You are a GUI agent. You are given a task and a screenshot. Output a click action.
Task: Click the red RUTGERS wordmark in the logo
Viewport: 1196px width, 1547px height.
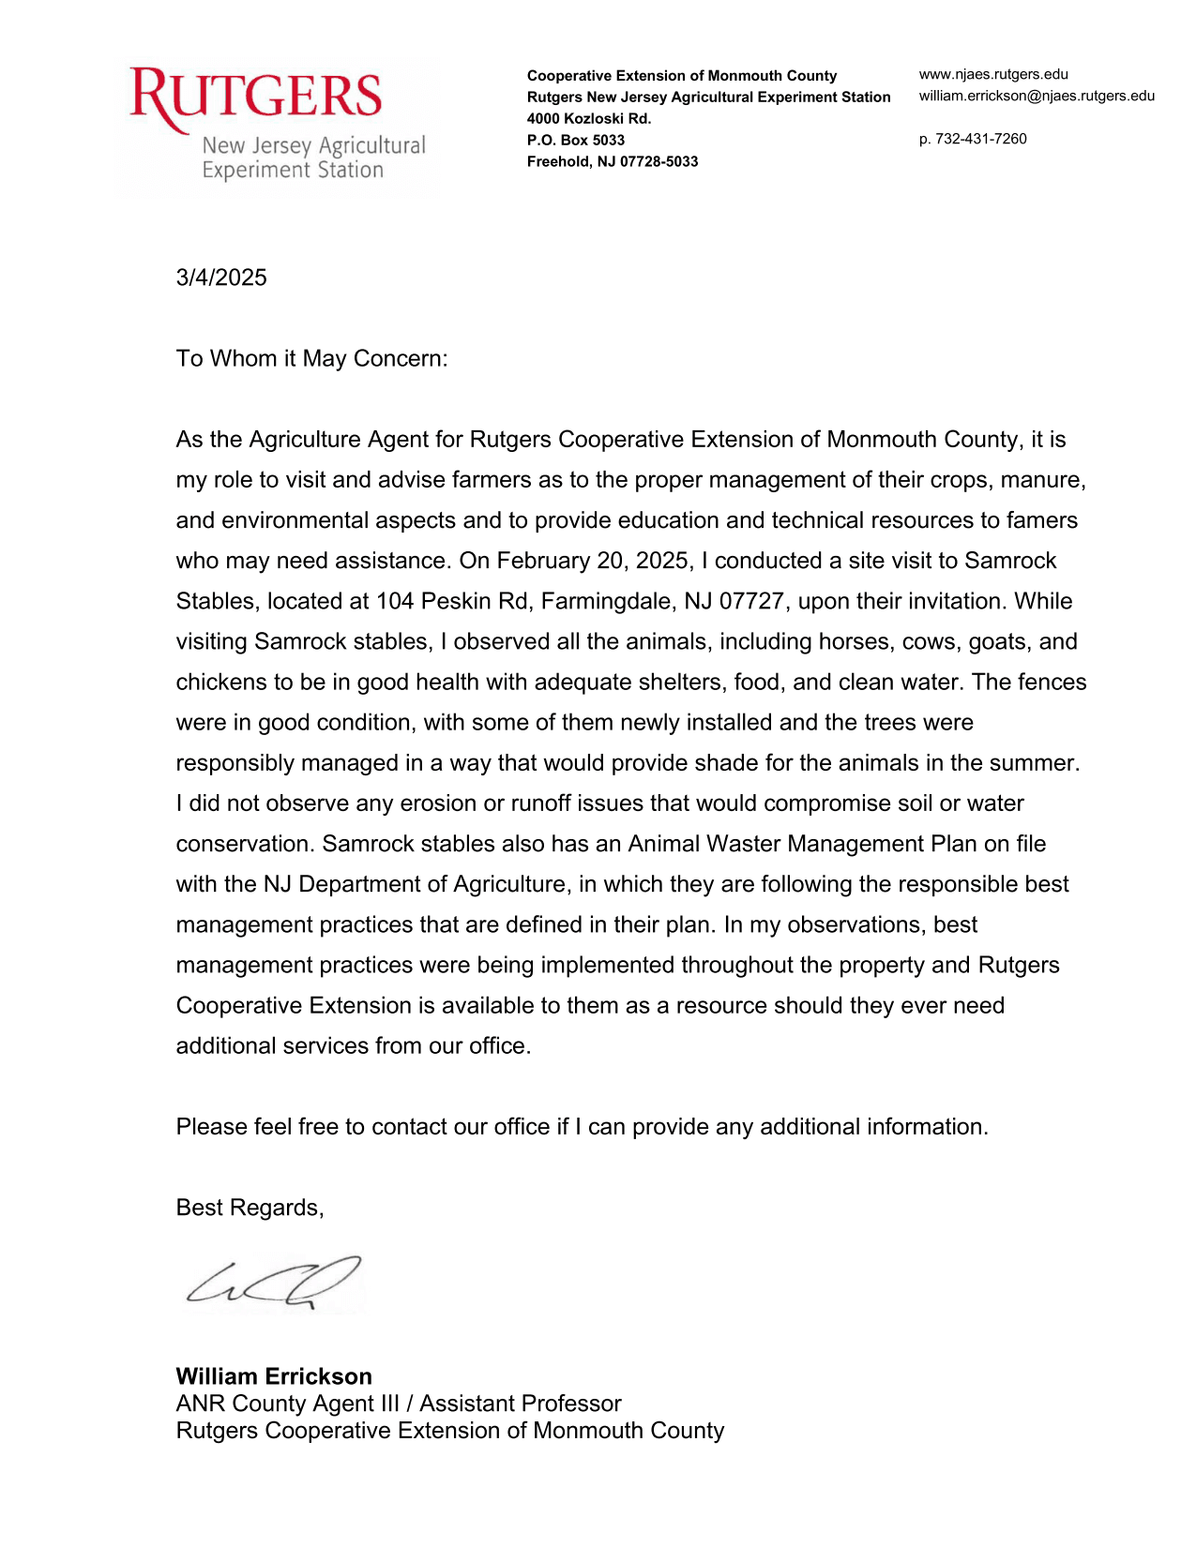[255, 97]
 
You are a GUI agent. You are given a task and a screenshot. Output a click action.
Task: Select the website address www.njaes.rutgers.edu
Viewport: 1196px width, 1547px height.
[993, 74]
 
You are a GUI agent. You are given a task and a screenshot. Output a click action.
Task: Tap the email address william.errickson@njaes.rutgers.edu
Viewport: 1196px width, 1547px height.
[1037, 96]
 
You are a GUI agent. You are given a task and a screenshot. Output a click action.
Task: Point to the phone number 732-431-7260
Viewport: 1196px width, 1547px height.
[980, 139]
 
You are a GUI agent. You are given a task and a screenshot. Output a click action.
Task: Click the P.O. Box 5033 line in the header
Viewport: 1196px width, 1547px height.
[575, 140]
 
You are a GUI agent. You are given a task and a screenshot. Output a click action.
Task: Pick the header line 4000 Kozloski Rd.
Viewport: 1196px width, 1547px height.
[588, 118]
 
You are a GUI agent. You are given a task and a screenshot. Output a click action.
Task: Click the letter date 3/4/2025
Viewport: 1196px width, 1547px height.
[221, 278]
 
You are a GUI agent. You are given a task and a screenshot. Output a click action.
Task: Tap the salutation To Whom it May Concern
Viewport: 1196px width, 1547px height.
[311, 358]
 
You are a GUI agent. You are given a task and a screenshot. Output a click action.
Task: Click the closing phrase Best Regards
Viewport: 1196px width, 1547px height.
[249, 1208]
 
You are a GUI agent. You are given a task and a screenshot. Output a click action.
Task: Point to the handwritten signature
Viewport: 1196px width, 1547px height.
[272, 1283]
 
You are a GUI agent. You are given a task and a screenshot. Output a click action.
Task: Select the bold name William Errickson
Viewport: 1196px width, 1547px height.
[274, 1376]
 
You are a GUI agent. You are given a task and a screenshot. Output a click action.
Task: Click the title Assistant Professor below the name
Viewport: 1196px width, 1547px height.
[520, 1404]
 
